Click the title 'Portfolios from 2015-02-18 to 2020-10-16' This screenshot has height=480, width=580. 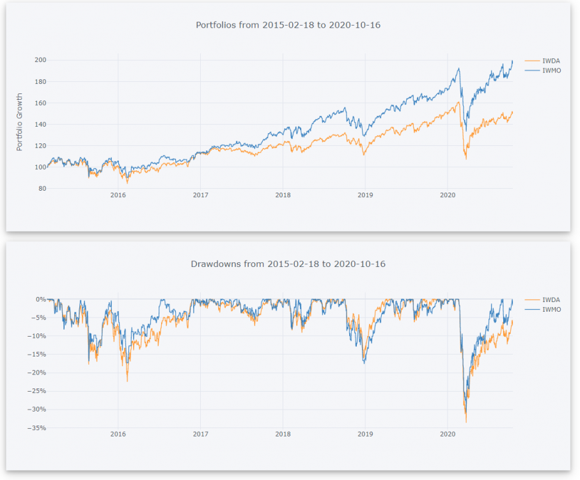292,24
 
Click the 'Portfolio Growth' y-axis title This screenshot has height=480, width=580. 19,122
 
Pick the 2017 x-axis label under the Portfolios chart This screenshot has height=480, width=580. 201,195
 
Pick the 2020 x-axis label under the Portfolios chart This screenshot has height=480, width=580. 448,195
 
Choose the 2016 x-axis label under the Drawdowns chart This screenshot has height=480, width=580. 118,433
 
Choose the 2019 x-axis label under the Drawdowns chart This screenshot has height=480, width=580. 365,433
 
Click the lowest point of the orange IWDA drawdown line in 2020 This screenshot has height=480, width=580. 466,422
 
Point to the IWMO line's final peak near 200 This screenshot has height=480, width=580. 512,61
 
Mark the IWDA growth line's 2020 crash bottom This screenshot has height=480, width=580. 466,159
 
